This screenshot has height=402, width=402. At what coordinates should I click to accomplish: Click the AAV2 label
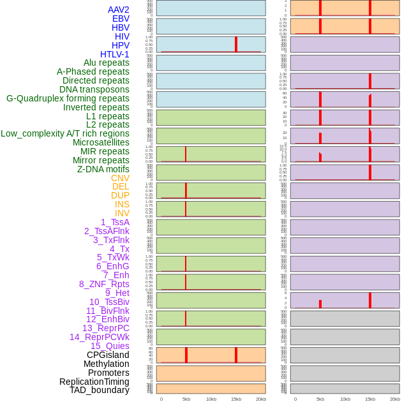pos(118,10)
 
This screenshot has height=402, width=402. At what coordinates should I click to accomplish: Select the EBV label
pos(121,19)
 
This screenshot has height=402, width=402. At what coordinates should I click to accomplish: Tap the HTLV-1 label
pos(114,54)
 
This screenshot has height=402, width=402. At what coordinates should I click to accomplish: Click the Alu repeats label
pos(106,63)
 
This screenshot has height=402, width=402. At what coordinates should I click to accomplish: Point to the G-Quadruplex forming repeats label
pos(68,98)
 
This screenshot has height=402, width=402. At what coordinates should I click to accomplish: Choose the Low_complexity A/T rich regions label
pos(65,133)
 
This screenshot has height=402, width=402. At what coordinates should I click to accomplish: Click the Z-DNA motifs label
pos(103,169)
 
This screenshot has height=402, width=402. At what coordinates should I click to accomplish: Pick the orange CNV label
pos(120,178)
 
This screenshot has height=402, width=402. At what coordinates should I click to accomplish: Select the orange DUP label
pos(120,195)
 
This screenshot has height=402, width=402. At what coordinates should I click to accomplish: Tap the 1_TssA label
pos(115,222)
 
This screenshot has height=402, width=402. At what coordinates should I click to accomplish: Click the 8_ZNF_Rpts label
pos(104,284)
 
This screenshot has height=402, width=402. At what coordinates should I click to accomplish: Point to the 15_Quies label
pos(110,346)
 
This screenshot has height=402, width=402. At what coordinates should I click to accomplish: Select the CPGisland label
pos(108,355)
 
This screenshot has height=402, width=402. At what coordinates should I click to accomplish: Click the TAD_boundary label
pos(100,390)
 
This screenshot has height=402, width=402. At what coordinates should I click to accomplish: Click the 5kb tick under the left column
pos(186,399)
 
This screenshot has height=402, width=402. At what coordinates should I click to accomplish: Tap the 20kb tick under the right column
pos(395,399)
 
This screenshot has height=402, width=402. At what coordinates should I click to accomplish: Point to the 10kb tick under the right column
pos(345,399)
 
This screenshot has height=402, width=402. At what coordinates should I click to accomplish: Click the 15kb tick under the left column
pos(236,399)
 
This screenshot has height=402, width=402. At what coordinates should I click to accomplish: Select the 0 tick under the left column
pos(161,399)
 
